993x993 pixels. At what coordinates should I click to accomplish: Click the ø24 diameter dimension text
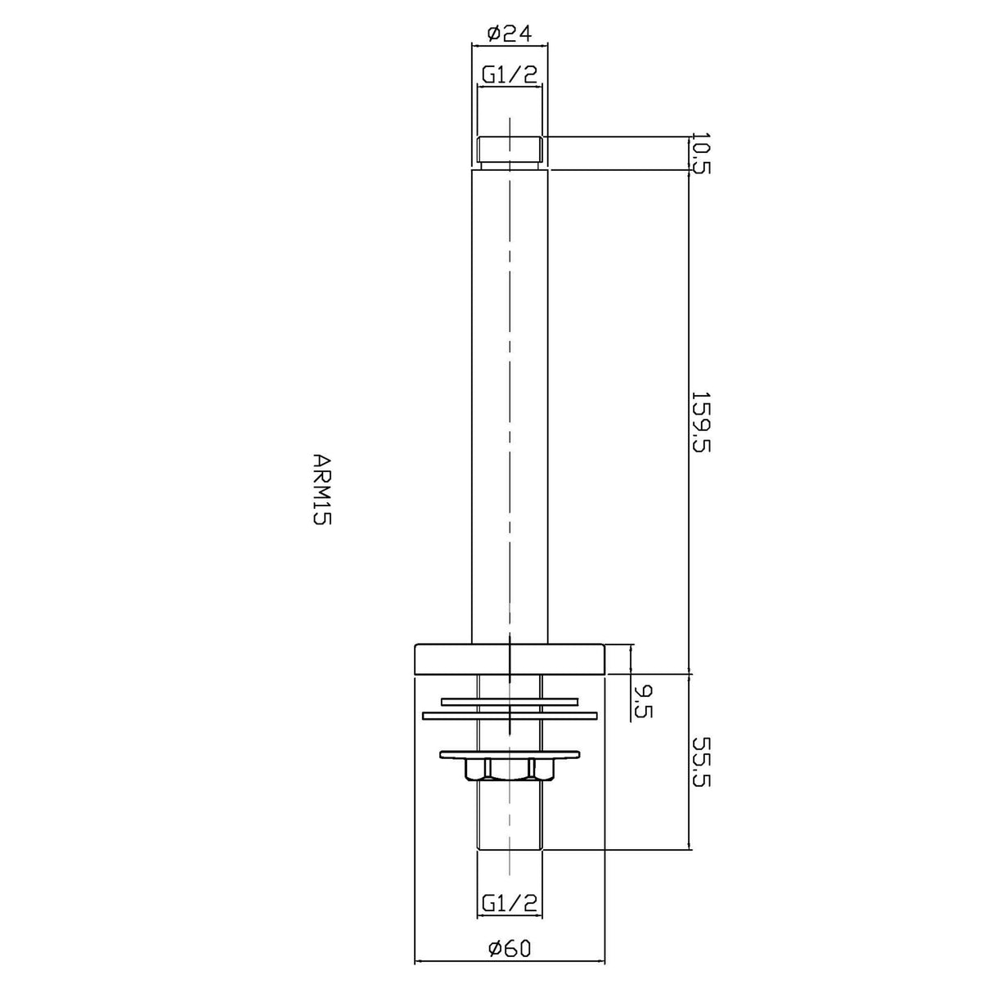coord(509,33)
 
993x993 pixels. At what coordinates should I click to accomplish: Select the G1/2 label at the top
coord(509,75)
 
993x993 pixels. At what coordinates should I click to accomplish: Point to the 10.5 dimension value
coord(700,153)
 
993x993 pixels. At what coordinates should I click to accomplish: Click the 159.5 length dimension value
coord(700,421)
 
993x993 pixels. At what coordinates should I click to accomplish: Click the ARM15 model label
coord(321,489)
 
